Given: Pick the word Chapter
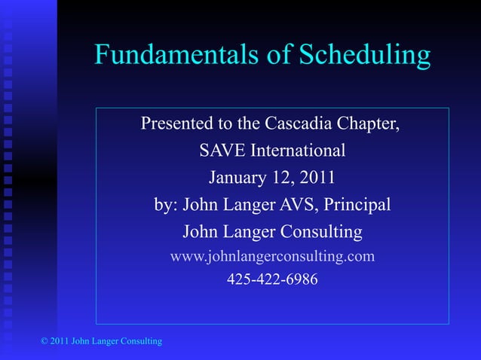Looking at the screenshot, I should (372, 124).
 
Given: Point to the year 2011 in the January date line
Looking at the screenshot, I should (318, 178).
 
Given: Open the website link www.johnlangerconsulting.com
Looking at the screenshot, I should (272, 256).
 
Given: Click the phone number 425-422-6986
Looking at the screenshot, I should (272, 279).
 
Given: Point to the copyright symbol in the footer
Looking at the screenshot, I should (44, 342).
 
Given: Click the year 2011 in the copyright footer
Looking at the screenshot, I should (59, 342).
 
